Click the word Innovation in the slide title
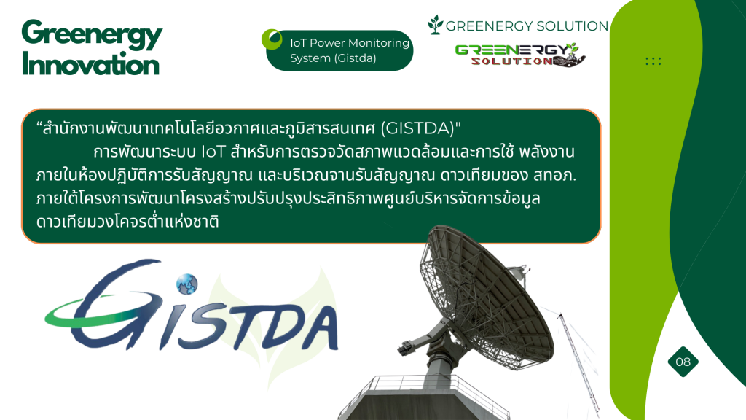pos(90,65)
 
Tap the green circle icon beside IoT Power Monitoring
pos(272,39)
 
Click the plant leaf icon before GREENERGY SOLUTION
pos(435,25)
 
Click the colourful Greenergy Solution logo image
pos(520,55)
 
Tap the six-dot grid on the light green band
pos(653,61)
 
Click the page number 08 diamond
pos(683,362)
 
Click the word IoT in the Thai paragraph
pos(213,152)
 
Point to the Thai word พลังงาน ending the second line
pos(546,152)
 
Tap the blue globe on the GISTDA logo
pos(187,284)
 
